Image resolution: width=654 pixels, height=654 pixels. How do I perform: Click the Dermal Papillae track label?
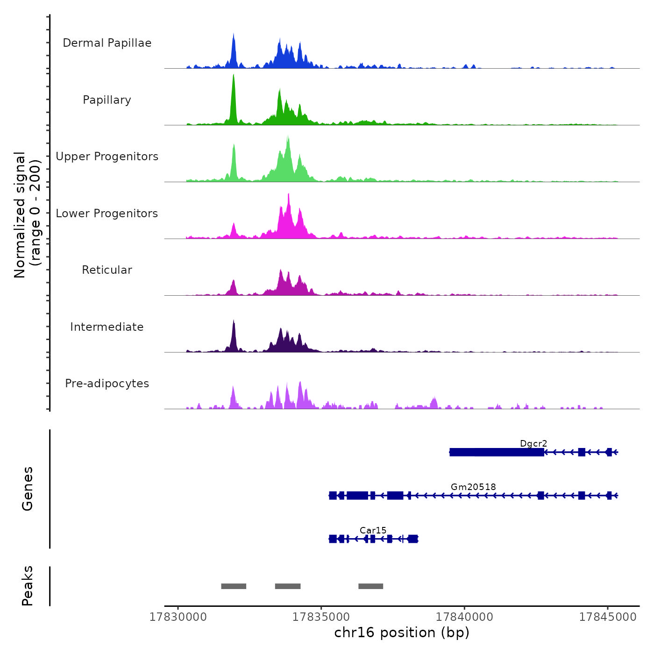(x=107, y=43)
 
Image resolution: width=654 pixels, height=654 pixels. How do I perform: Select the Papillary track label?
(x=107, y=100)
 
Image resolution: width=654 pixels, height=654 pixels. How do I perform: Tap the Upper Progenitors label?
(x=107, y=156)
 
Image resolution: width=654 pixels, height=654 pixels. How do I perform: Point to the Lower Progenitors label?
(x=107, y=213)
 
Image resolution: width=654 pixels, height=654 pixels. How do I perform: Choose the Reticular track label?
(x=107, y=270)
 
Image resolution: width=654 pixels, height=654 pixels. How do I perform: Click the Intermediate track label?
(x=107, y=327)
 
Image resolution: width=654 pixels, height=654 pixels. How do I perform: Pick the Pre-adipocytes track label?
(x=107, y=384)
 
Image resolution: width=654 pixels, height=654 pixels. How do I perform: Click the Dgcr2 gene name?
(x=533, y=443)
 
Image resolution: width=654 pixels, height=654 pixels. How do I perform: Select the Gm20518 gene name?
(x=473, y=487)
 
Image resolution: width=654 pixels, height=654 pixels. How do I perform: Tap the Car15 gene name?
(x=373, y=530)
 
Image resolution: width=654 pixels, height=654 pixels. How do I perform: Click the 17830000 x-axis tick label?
(x=178, y=617)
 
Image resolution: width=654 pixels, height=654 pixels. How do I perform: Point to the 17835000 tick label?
(x=321, y=617)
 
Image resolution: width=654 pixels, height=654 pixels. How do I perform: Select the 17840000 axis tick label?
(x=464, y=617)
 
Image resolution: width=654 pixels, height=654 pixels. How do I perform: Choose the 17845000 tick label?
(x=608, y=617)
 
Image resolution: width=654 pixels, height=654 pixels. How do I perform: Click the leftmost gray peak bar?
(x=234, y=586)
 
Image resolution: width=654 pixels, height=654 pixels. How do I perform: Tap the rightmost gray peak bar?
(x=371, y=586)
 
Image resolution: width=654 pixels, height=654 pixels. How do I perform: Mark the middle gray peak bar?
(x=288, y=586)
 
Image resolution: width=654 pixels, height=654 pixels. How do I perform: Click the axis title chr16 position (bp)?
(x=402, y=633)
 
